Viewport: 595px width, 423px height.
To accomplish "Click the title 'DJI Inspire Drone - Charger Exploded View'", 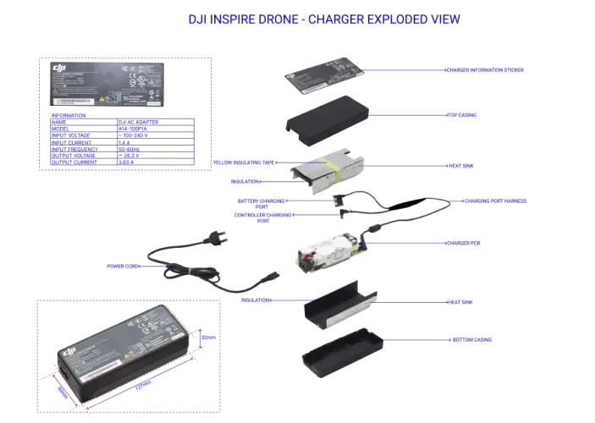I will pos(323,19).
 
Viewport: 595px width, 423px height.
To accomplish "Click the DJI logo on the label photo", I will pos(58,68).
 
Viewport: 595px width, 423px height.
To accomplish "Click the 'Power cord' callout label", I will pos(124,266).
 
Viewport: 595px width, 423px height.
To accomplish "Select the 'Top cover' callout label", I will pos(461,114).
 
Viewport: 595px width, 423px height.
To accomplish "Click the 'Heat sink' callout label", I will pos(460,166).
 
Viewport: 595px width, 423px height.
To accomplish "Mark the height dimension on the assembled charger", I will pos(209,337).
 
